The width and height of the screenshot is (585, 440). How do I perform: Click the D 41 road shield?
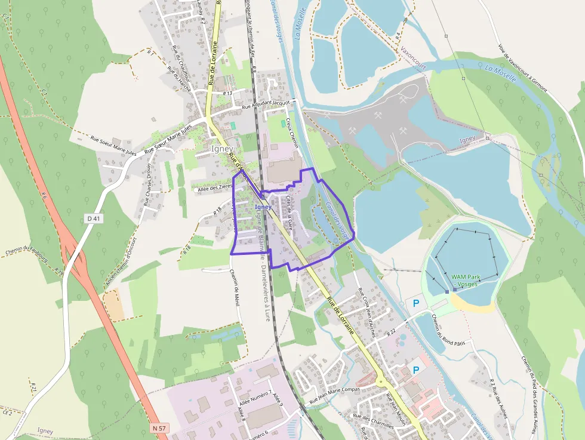(x=93, y=219)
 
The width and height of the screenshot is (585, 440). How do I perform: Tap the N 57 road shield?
(x=159, y=428)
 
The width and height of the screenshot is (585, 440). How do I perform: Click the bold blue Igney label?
(x=263, y=207)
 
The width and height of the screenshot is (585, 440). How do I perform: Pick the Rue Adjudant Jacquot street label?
(x=266, y=104)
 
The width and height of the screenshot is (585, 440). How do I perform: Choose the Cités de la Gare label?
(x=290, y=213)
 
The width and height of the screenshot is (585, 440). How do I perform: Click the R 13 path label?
(x=227, y=94)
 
